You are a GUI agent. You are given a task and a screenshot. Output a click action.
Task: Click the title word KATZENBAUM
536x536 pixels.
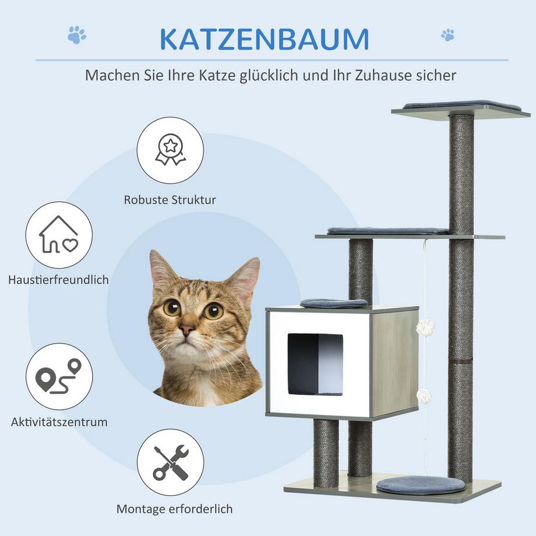[x=264, y=38]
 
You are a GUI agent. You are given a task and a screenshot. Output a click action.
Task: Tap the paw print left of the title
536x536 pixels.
[x=76, y=35]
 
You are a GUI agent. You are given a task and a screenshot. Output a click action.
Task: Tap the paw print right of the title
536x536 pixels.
[x=447, y=34]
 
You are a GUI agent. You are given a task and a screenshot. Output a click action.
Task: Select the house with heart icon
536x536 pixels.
[x=59, y=235]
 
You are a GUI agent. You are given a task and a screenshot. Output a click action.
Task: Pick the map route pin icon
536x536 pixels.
[x=59, y=376]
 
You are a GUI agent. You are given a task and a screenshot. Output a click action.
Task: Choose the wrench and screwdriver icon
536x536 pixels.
[x=170, y=463]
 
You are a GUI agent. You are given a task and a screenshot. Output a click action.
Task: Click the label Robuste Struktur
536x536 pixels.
[x=170, y=200]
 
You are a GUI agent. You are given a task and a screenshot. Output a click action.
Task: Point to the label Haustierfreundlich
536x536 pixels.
[x=59, y=280]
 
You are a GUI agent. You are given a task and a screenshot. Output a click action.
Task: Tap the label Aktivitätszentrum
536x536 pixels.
[x=59, y=422]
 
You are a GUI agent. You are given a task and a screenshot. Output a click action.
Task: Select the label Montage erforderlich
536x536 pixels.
[x=174, y=509]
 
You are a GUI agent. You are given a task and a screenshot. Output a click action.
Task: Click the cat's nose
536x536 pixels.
[x=187, y=330]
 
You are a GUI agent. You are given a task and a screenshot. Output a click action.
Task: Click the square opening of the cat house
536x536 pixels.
[x=315, y=364]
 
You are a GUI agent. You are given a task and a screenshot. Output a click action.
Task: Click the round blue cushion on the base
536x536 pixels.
[x=420, y=485]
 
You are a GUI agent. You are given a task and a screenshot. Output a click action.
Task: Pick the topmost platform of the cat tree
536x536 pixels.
[x=460, y=108]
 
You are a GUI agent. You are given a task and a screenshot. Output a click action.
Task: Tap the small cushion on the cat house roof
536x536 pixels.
[x=334, y=303]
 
